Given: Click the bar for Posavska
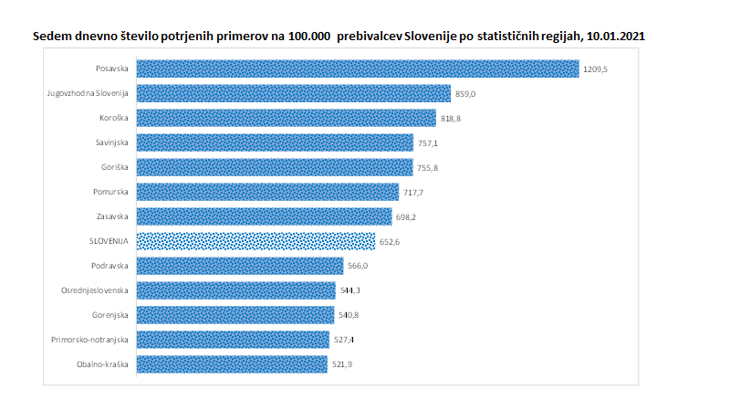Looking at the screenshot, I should [x=358, y=68].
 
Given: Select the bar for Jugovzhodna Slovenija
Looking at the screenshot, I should [x=294, y=93].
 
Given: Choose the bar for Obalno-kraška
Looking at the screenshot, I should [x=232, y=364].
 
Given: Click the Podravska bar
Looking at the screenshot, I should [x=240, y=266].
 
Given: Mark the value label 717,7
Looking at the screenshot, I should [x=413, y=193].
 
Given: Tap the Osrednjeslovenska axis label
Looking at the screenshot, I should [x=98, y=290].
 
